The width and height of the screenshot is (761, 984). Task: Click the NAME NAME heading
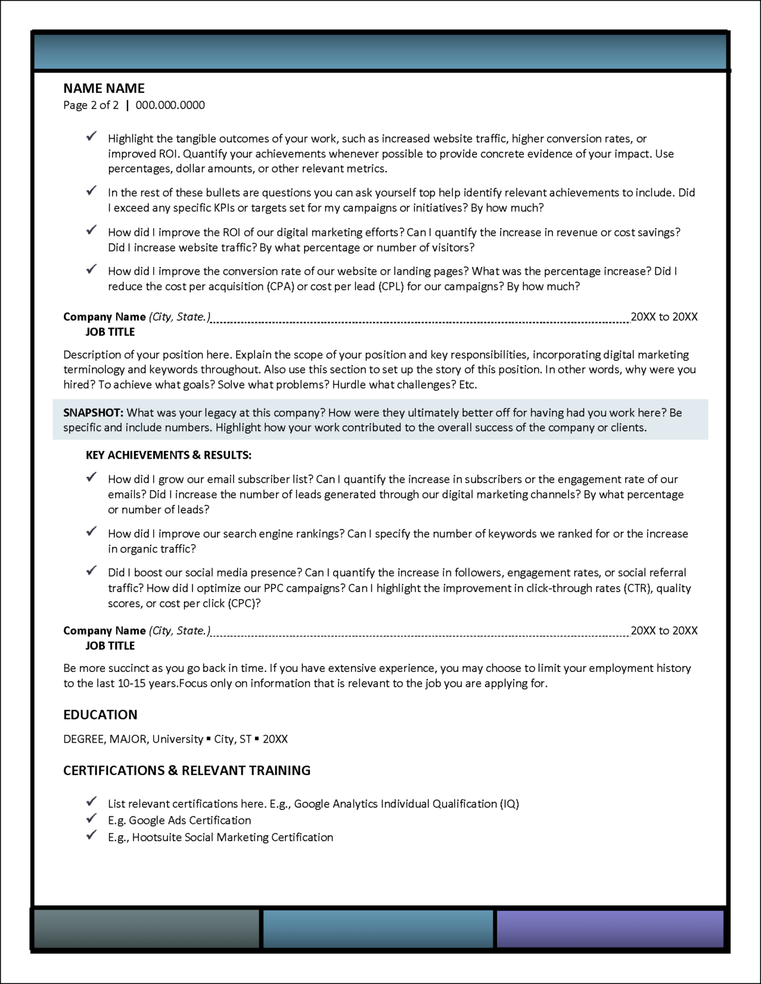(x=104, y=88)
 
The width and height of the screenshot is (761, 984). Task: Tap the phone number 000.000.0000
(x=170, y=105)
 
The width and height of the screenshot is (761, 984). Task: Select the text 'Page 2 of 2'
(x=91, y=105)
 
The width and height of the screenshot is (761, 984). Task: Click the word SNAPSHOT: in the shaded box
(x=93, y=413)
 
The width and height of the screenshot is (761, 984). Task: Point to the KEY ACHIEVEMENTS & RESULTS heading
(x=168, y=455)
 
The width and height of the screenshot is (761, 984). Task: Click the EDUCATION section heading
(x=100, y=714)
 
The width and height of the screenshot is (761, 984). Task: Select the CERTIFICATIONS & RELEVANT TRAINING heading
(x=186, y=770)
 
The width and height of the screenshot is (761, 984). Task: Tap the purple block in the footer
(x=610, y=928)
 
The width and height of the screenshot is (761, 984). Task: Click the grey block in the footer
(x=147, y=928)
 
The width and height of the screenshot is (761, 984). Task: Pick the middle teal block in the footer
(x=377, y=928)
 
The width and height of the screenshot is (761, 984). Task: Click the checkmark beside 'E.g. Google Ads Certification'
(x=92, y=818)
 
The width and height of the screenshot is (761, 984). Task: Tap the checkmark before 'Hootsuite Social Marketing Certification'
(x=92, y=835)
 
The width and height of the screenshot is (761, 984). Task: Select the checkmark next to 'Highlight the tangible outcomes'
(x=92, y=136)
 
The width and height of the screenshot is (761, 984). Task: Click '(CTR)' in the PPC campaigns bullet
(x=637, y=588)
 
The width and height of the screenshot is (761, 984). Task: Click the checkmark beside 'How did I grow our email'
(x=92, y=477)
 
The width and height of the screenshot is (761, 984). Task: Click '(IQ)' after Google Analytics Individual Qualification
(x=509, y=804)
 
